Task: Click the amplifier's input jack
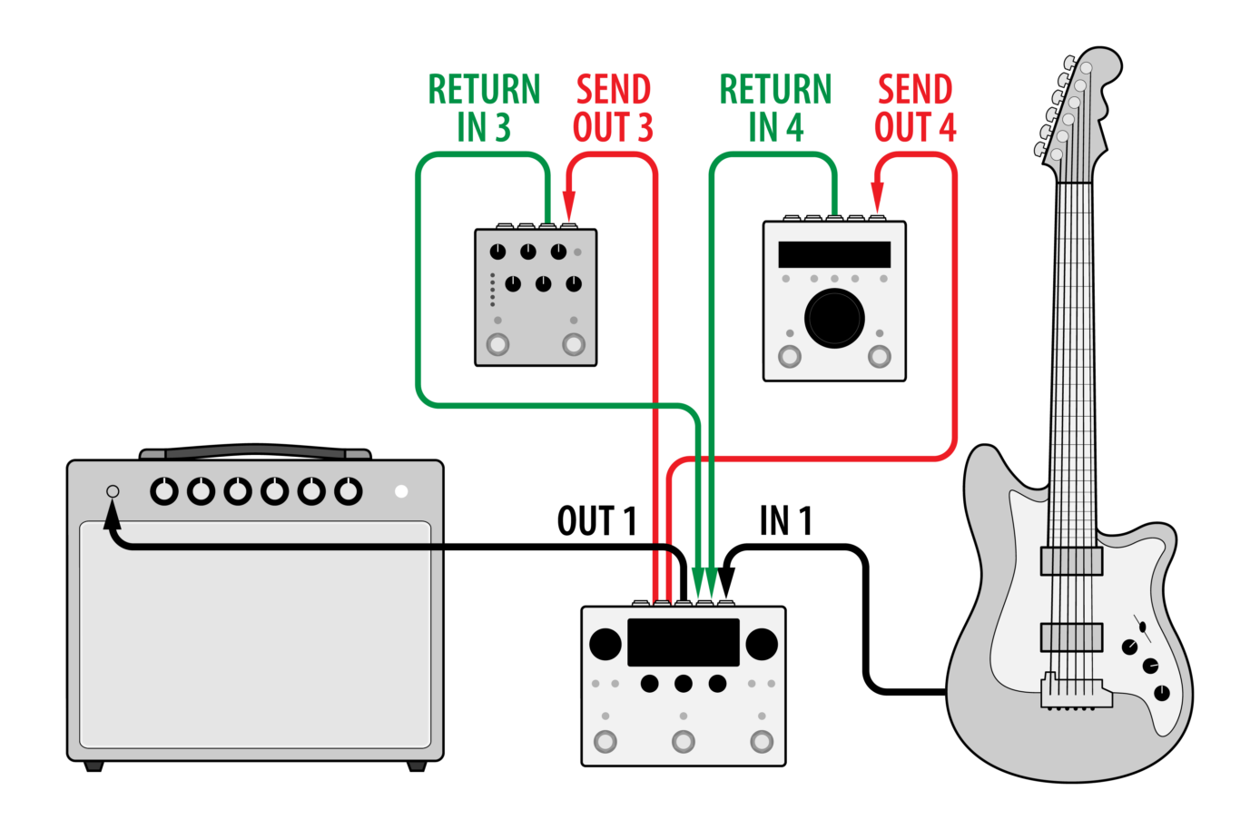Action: click(113, 491)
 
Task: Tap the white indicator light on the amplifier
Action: click(401, 491)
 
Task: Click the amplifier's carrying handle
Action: click(255, 451)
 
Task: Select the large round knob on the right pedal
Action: click(834, 318)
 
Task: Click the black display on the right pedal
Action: click(834, 254)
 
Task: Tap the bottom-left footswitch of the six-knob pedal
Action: click(497, 344)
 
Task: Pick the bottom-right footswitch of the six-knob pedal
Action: click(573, 344)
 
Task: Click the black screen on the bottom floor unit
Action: click(683, 642)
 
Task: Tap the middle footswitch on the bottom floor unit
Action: click(683, 742)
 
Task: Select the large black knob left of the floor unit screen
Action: click(605, 644)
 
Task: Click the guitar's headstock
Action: click(1080, 104)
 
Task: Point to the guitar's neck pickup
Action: click(1071, 561)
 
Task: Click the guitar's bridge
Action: click(1076, 692)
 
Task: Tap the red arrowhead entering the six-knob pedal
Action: click(569, 207)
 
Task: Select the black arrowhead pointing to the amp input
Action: click(113, 518)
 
